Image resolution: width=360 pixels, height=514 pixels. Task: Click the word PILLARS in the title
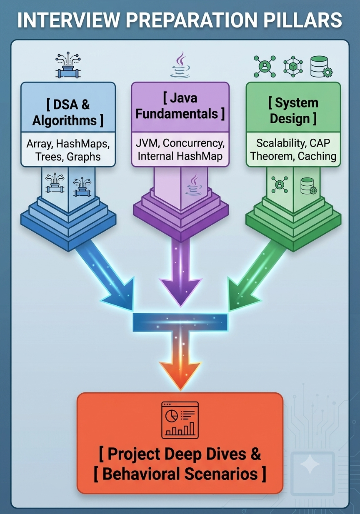(302, 20)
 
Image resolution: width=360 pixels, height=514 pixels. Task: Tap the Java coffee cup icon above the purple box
(180, 65)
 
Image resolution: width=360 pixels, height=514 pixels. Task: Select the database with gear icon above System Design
(321, 67)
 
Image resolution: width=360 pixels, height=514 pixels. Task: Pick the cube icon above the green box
(293, 67)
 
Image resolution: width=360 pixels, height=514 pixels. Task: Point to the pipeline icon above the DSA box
(68, 65)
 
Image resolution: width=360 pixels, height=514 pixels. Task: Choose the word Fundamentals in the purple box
(177, 114)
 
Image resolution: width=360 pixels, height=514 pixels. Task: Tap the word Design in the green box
(290, 118)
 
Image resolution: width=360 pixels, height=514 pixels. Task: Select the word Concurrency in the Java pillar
(194, 143)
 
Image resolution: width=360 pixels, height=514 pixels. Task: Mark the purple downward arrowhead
(181, 292)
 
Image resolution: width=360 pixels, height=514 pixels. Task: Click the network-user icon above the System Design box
(265, 67)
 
